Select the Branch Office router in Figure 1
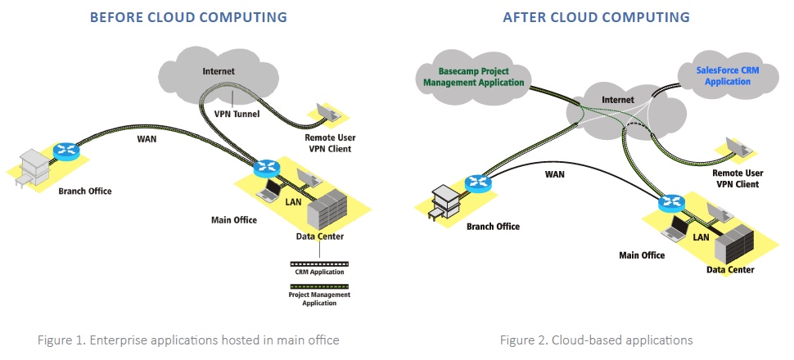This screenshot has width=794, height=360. click(x=63, y=151)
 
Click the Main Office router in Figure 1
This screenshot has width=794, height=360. click(x=265, y=169)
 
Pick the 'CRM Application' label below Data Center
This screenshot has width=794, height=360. click(x=318, y=271)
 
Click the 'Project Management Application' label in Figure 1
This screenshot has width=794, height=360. click(x=318, y=297)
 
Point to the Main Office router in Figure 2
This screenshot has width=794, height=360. click(x=671, y=201)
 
